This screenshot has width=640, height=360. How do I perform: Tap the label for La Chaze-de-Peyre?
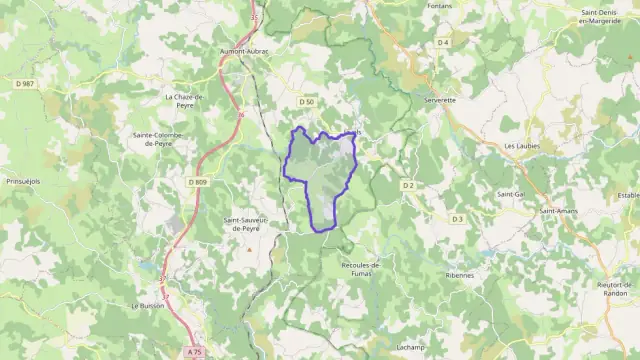tap(183, 100)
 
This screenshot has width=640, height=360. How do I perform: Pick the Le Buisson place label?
tap(147, 305)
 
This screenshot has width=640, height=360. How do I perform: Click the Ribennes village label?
tap(460, 274)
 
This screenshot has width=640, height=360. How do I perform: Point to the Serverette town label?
tap(440, 100)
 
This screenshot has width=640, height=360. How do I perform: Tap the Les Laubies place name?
tap(522, 145)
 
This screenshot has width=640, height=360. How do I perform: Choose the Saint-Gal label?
tap(512, 193)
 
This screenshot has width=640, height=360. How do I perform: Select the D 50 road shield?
tap(307, 102)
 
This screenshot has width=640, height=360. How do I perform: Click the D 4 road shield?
tap(443, 43)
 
